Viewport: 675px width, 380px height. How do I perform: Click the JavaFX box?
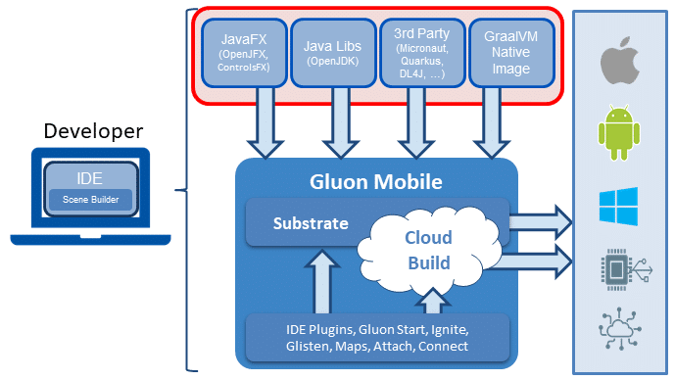[x=244, y=53]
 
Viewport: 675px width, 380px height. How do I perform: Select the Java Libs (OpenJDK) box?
[x=333, y=53]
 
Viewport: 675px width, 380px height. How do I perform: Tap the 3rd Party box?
[x=422, y=53]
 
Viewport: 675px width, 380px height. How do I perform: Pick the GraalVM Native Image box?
[x=511, y=53]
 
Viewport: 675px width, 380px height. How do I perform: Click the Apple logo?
[x=620, y=61]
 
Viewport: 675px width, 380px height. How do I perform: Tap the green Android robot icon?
[x=619, y=132]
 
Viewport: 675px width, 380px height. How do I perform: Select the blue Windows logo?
[x=618, y=207]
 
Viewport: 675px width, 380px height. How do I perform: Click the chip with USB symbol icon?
[x=626, y=270]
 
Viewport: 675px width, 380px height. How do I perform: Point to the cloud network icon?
[x=620, y=329]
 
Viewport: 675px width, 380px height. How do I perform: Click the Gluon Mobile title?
[x=376, y=181]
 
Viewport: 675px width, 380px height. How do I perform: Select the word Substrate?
[x=311, y=223]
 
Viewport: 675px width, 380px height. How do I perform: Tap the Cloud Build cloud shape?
[x=429, y=250]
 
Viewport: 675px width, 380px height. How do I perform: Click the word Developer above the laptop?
[x=93, y=131]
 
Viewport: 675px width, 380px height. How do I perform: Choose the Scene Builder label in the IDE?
[x=90, y=200]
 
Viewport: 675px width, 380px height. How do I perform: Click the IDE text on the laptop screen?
[x=89, y=178]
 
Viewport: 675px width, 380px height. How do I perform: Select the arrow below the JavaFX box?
[x=265, y=122]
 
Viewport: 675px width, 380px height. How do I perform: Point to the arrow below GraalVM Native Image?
[x=491, y=122]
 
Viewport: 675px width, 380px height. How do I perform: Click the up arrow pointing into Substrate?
[x=322, y=281]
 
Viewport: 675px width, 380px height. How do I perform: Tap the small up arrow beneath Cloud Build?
[x=433, y=301]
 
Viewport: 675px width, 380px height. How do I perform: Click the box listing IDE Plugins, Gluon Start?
[x=377, y=338]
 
